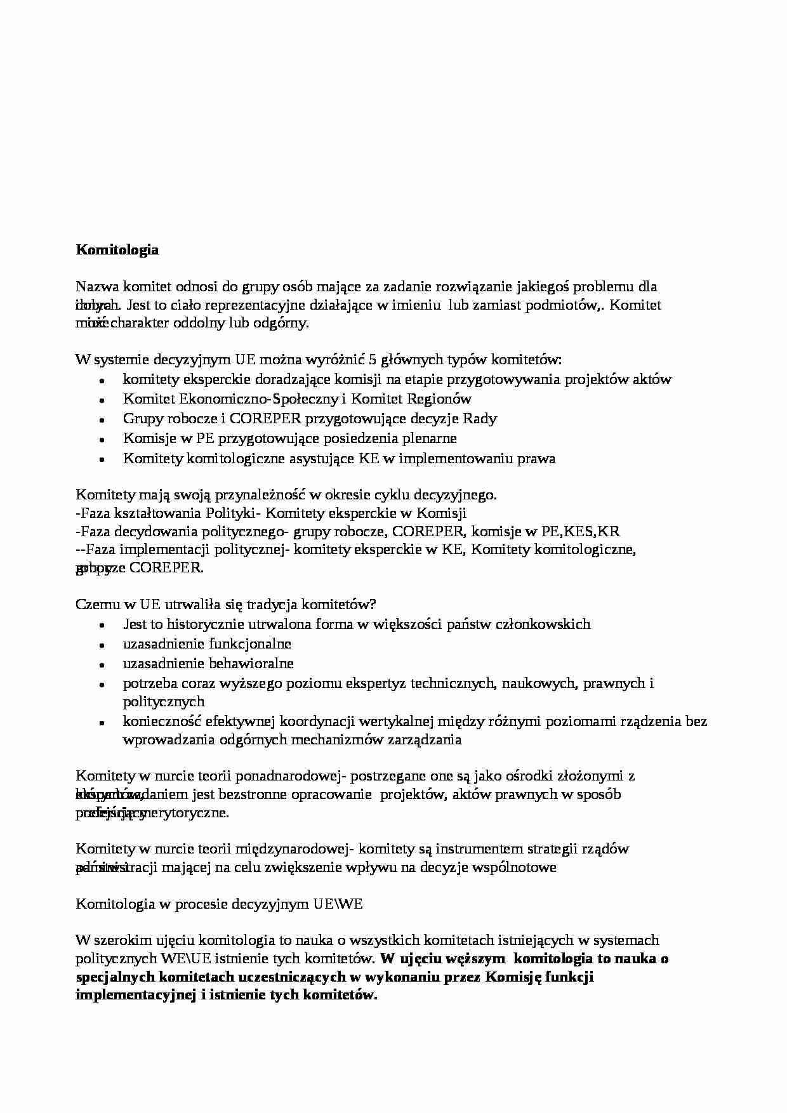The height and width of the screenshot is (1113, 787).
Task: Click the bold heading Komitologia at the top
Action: tap(117, 250)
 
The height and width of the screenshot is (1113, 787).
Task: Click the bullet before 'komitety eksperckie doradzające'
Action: tap(102, 381)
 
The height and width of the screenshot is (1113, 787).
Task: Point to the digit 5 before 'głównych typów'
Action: tap(373, 360)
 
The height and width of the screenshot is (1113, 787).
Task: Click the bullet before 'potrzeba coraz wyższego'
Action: tap(102, 685)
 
